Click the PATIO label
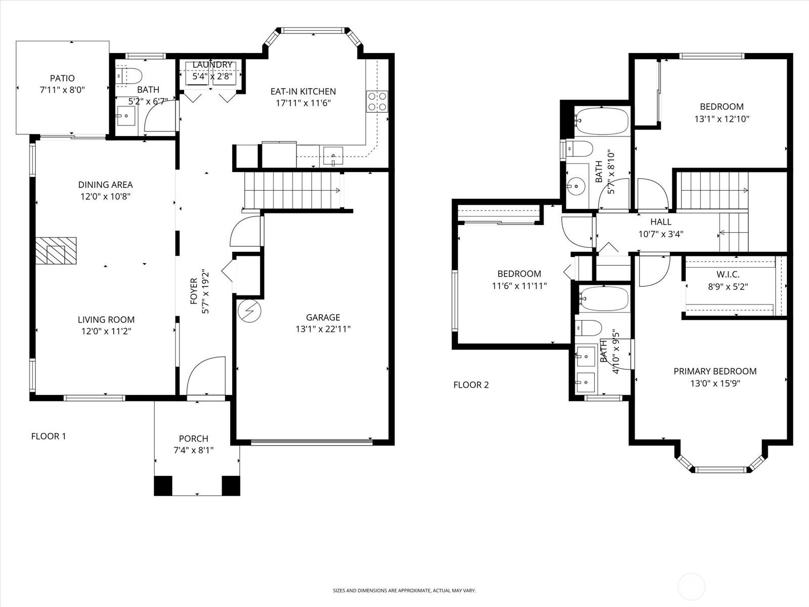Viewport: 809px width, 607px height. (62, 78)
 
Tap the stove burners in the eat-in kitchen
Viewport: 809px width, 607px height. (377, 101)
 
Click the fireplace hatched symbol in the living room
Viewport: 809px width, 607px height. (56, 250)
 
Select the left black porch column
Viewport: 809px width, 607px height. (163, 486)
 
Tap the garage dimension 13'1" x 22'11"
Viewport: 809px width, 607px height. (323, 329)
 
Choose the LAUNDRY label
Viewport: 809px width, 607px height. (212, 65)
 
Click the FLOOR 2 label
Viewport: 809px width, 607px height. (471, 385)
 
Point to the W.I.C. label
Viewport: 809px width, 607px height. (728, 275)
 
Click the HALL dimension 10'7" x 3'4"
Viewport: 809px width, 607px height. (660, 234)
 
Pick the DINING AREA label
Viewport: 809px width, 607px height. (105, 185)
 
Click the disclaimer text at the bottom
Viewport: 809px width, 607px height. (404, 590)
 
